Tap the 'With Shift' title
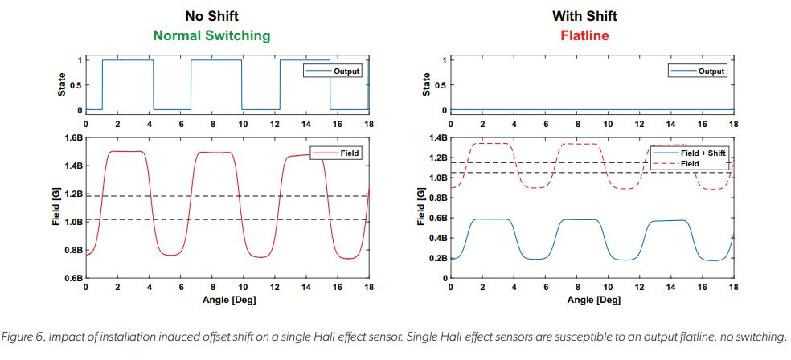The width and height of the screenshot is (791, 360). tap(585, 16)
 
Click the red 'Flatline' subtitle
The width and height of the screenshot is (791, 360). tap(585, 35)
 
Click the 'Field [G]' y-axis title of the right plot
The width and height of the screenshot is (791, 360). tap(421, 208)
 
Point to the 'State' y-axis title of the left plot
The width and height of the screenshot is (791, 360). tap(62, 84)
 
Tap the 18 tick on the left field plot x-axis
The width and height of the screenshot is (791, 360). tap(368, 287)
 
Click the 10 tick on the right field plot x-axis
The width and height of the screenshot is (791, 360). tap(608, 287)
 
